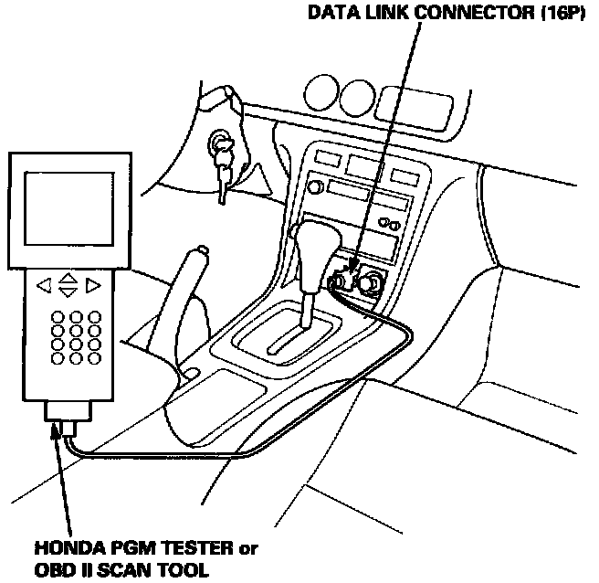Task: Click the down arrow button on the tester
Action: point(68,292)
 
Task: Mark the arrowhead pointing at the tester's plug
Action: point(63,440)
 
